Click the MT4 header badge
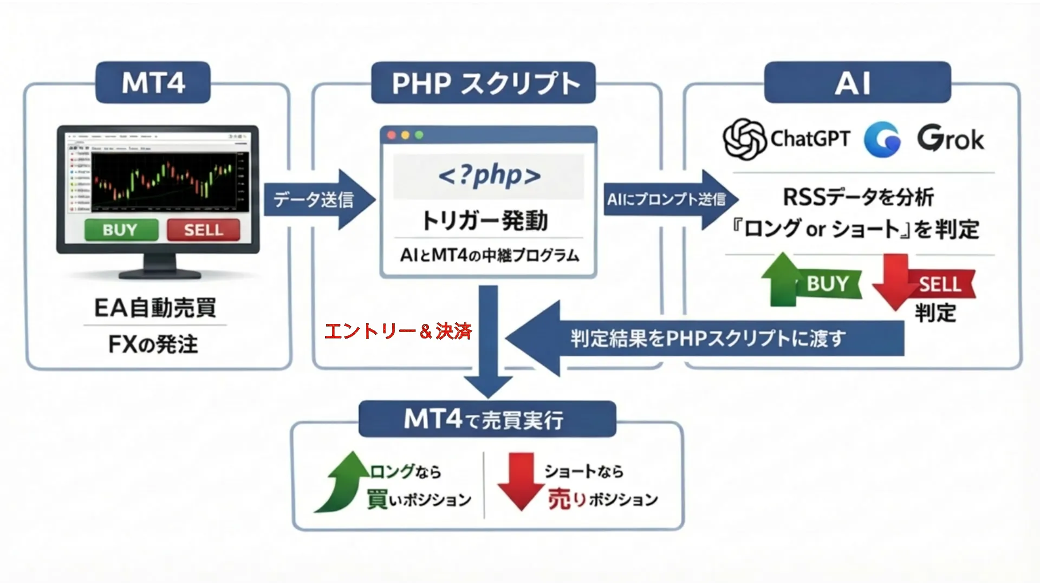[153, 82]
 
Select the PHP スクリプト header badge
[483, 82]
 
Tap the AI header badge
[857, 82]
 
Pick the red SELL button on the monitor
[204, 230]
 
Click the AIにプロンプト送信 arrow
[669, 199]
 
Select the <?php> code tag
[489, 175]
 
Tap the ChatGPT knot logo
[744, 139]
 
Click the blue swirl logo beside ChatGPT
[882, 140]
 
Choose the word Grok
[950, 139]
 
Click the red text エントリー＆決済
[398, 331]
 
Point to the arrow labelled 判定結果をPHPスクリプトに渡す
[704, 339]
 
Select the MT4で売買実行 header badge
[487, 419]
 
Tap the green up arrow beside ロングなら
[344, 482]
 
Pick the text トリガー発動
[485, 220]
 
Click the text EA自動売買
[155, 308]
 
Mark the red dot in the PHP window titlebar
[392, 135]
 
